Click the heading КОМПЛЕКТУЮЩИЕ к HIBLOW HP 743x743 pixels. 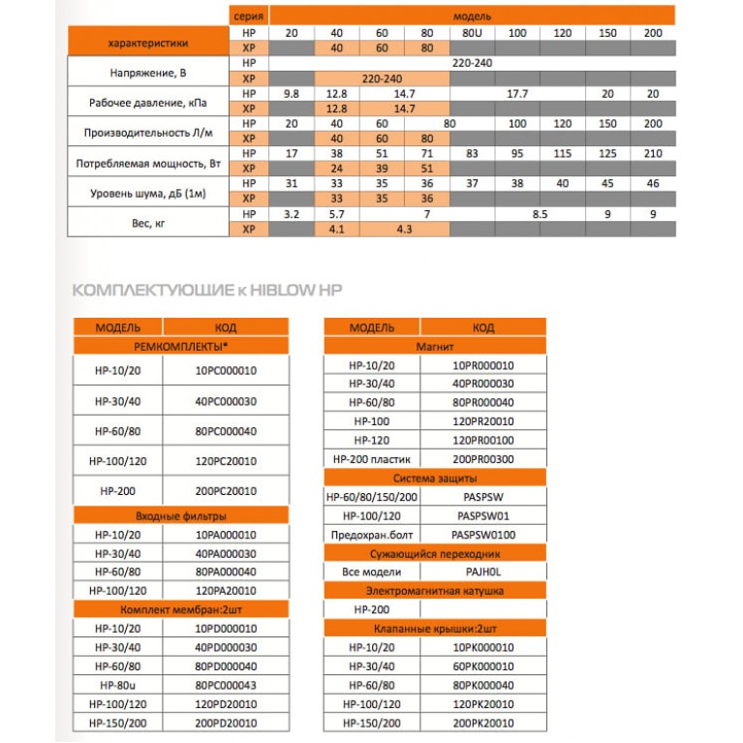(x=207, y=290)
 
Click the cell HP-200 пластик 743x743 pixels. (x=372, y=458)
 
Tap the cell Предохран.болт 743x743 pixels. (x=372, y=534)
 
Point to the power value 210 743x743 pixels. (x=653, y=153)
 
